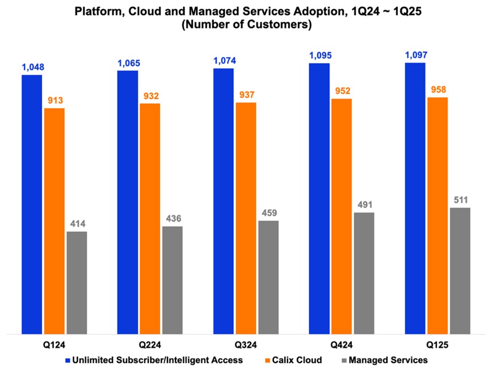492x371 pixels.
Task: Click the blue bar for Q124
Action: tap(32, 205)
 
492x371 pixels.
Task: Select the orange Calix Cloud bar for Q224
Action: tap(150, 219)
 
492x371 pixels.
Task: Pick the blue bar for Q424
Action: tap(319, 199)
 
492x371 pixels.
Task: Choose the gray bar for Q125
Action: tap(460, 271)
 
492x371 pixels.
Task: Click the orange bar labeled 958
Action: tap(437, 216)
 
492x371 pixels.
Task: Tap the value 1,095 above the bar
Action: tap(319, 56)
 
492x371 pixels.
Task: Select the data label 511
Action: tap(460, 200)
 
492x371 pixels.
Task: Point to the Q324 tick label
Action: tap(245, 345)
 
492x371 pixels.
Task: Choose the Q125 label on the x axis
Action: tap(437, 345)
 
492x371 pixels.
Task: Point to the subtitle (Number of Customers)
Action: tap(245, 26)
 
